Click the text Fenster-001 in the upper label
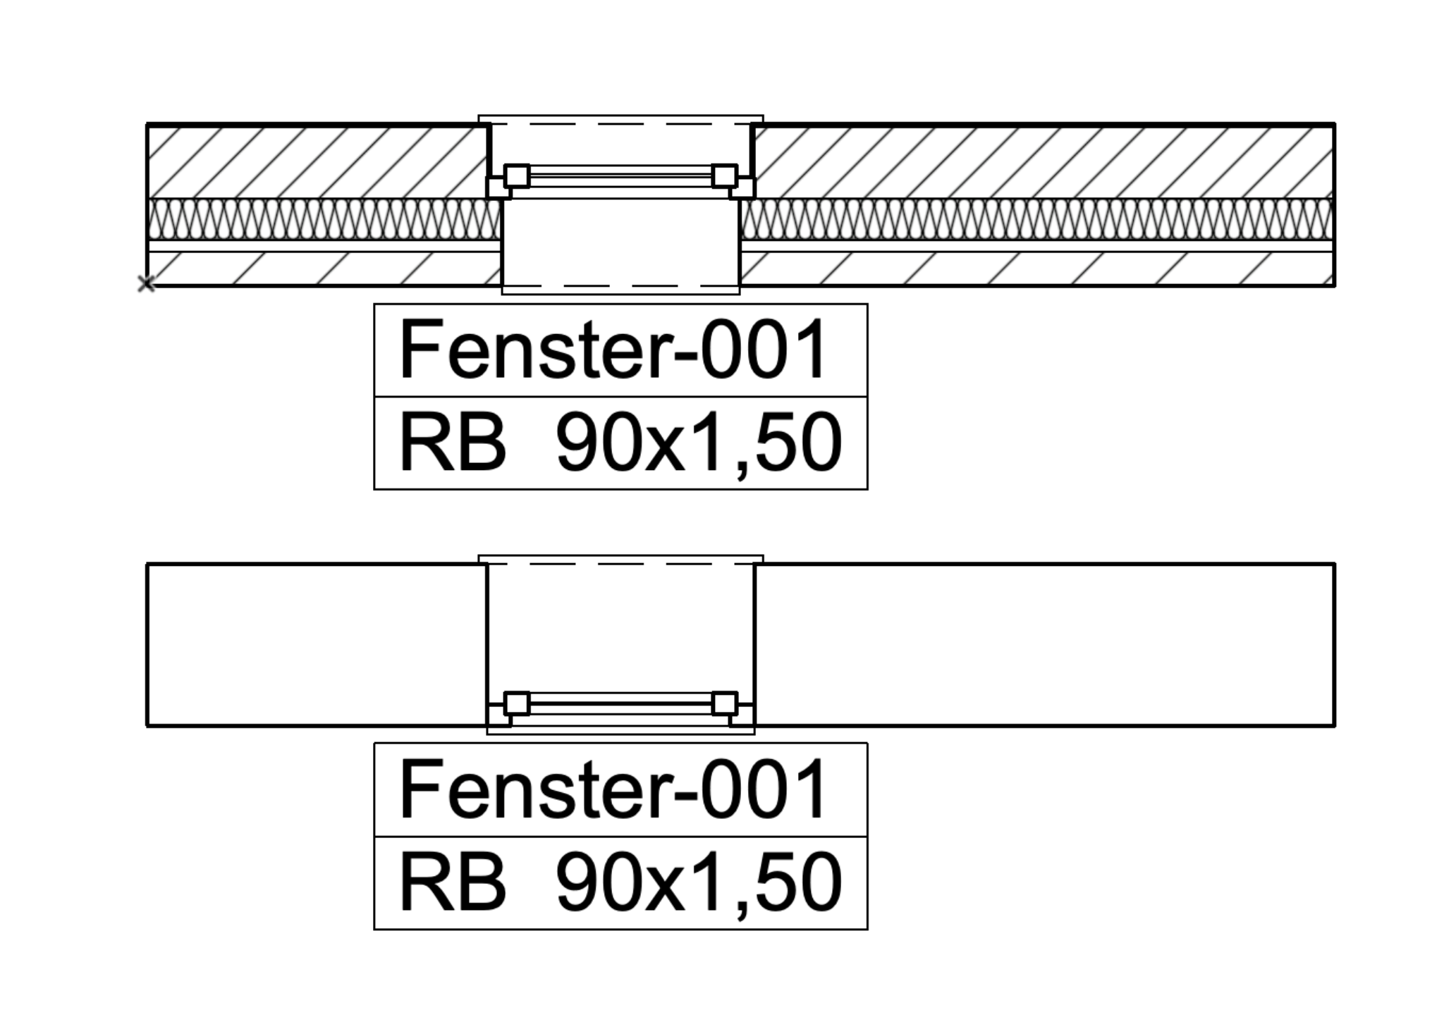tap(613, 349)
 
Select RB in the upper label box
tap(453, 442)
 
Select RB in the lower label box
tap(453, 882)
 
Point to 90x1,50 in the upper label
tap(699, 444)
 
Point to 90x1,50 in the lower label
tap(699, 884)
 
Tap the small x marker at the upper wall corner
tap(146, 284)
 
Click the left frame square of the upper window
tap(517, 175)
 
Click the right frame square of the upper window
tap(724, 175)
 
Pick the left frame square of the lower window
tap(517, 703)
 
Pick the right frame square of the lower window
tap(724, 703)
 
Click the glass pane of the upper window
tap(620, 175)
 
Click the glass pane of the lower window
tap(620, 703)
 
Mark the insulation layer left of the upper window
tap(324, 219)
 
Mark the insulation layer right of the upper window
tap(1036, 219)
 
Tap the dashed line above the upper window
tap(620, 124)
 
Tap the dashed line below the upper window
tap(620, 286)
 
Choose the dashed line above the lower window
tap(620, 564)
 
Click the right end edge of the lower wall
tap(1334, 644)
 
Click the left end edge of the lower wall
tap(147, 644)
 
